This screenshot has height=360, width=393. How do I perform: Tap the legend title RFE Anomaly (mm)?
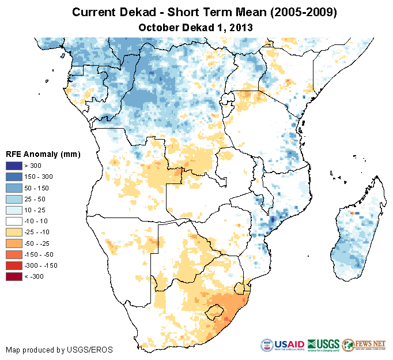(43, 155)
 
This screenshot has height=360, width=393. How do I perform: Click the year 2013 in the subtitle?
(242, 27)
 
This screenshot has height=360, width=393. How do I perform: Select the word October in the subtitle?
(157, 27)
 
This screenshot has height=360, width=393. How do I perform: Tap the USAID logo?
(283, 345)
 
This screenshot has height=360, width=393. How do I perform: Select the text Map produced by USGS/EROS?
(59, 350)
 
